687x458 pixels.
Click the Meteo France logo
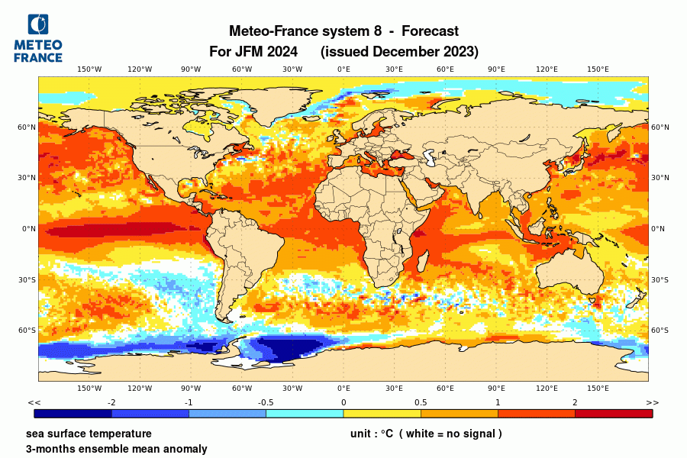tap(38, 38)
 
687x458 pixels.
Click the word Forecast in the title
tap(430, 31)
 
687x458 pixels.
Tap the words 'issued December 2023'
tap(399, 52)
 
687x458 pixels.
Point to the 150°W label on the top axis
tap(89, 69)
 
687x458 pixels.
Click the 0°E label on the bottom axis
tap(343, 388)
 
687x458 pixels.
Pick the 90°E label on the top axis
tap(496, 69)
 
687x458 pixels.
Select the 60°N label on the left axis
tap(27, 127)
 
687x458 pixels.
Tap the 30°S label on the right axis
tap(660, 279)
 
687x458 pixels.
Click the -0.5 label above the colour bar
tap(266, 402)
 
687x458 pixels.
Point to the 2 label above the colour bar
tap(575, 402)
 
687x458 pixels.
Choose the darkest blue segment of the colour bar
tap(73, 414)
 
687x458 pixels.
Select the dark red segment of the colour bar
tap(614, 414)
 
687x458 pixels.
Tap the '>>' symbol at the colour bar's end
tap(652, 402)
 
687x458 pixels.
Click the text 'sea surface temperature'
tap(89, 434)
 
